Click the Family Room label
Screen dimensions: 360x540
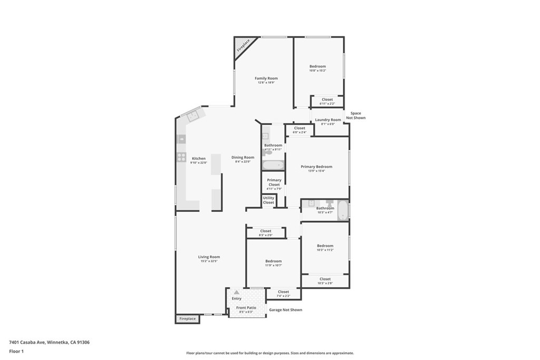pos(266,79)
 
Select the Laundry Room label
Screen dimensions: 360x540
pos(328,120)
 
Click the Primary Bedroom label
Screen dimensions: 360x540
pos(316,167)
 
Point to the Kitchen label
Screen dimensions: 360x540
pos(199,159)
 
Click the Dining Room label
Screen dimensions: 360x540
pos(243,158)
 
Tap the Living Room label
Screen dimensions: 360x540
pos(209,257)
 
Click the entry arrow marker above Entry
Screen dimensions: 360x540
pos(236,292)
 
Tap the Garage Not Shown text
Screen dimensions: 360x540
pos(285,310)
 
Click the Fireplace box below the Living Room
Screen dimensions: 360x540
pos(187,319)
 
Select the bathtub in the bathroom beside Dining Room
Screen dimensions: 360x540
pos(273,165)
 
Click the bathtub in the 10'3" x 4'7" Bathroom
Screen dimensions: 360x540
pos(342,210)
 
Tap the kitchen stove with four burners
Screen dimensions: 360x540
pos(181,157)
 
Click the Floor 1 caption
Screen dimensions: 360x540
pos(16,351)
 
